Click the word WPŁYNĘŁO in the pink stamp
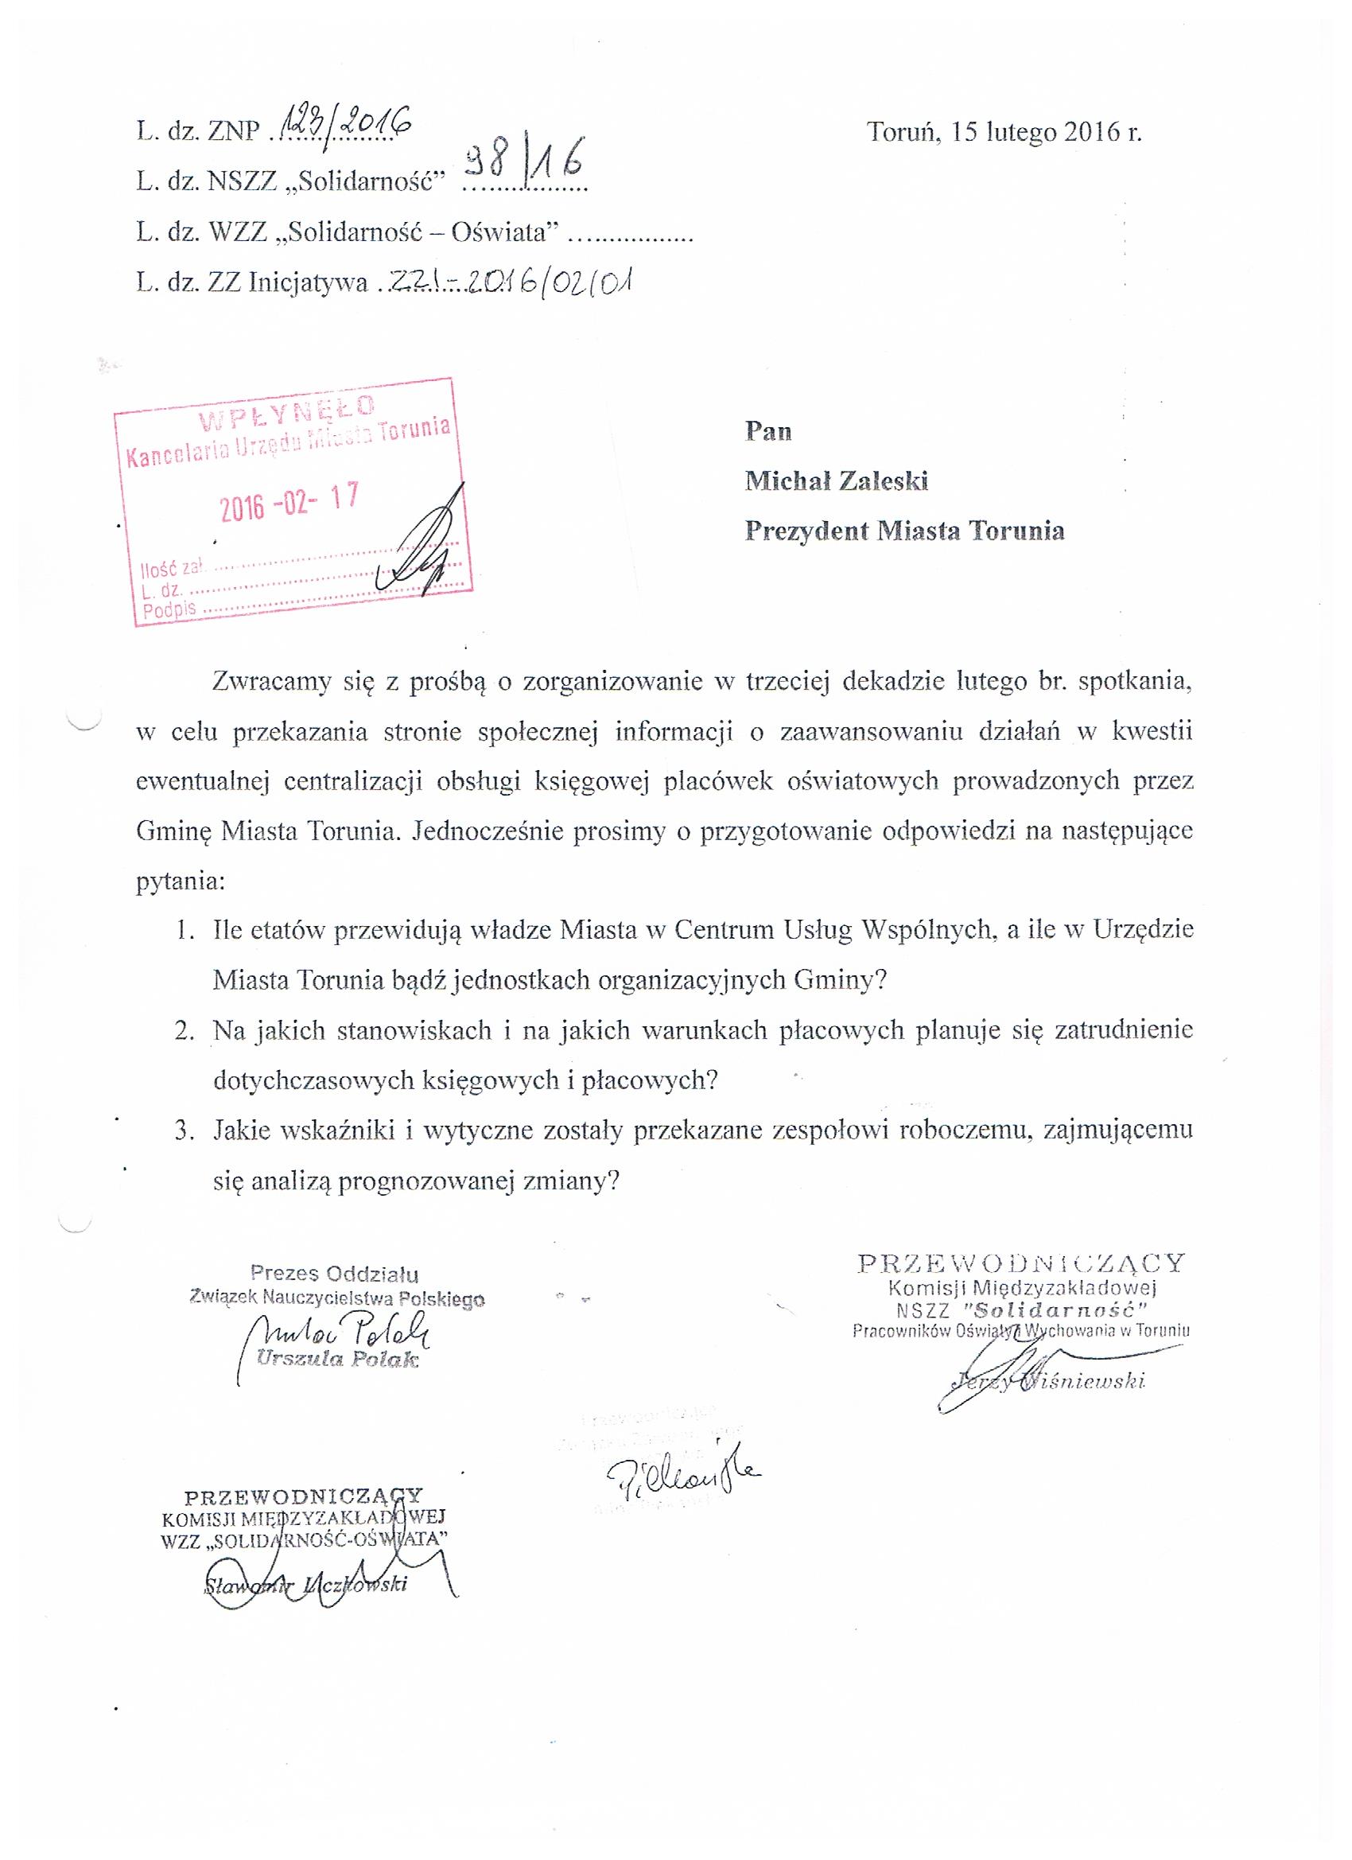[x=287, y=409]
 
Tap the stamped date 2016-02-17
[x=289, y=502]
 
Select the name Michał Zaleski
[x=836, y=481]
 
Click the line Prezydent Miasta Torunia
[x=904, y=531]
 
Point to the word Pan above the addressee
[x=767, y=431]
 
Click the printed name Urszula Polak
[x=337, y=1359]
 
